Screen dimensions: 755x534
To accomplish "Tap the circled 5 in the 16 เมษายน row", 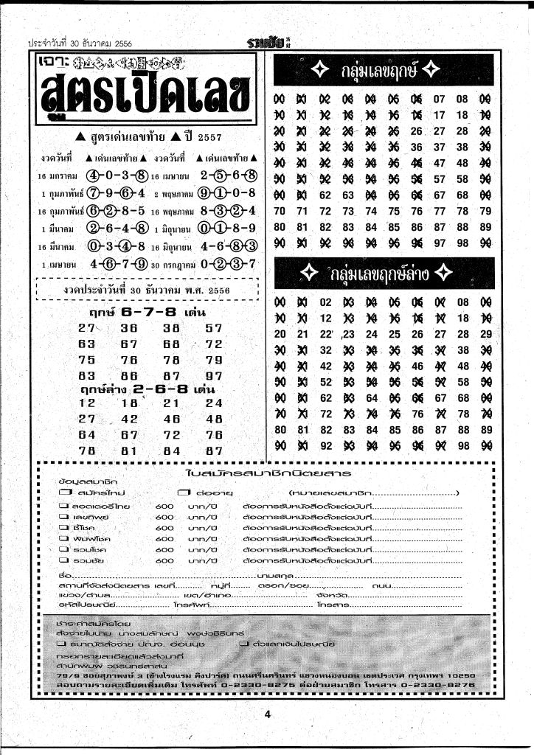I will coord(219,177).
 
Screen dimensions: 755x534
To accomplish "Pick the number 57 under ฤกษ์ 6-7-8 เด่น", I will coord(214,328).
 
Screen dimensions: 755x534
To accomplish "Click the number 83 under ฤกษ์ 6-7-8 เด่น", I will coord(87,375).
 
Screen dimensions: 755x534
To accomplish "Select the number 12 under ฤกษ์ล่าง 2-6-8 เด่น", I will coord(87,403).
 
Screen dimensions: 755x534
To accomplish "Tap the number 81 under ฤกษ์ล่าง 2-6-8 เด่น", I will coord(130,450).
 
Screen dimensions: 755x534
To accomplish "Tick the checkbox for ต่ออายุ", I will coord(182,492).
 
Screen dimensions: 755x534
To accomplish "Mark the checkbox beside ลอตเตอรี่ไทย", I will coord(63,507).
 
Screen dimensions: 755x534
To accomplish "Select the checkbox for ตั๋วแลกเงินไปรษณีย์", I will coord(243,644).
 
